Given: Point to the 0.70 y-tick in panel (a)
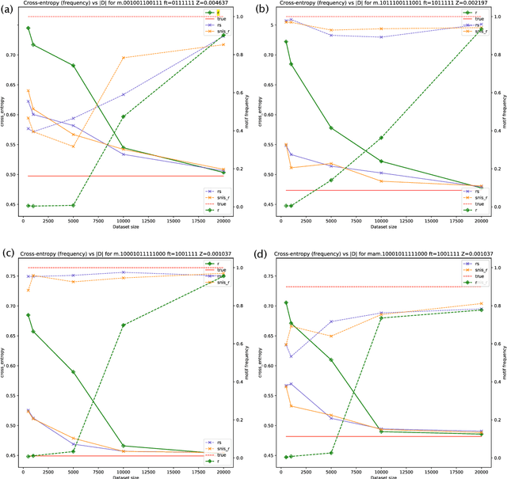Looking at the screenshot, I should click(13, 55).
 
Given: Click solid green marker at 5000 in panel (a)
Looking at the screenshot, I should click(74, 66).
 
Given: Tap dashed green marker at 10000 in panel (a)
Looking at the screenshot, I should click(124, 116).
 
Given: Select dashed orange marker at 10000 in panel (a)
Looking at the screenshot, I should click(124, 58).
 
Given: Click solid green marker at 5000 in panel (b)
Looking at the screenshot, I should click(331, 127).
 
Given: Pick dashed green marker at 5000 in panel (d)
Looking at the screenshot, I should click(331, 453).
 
